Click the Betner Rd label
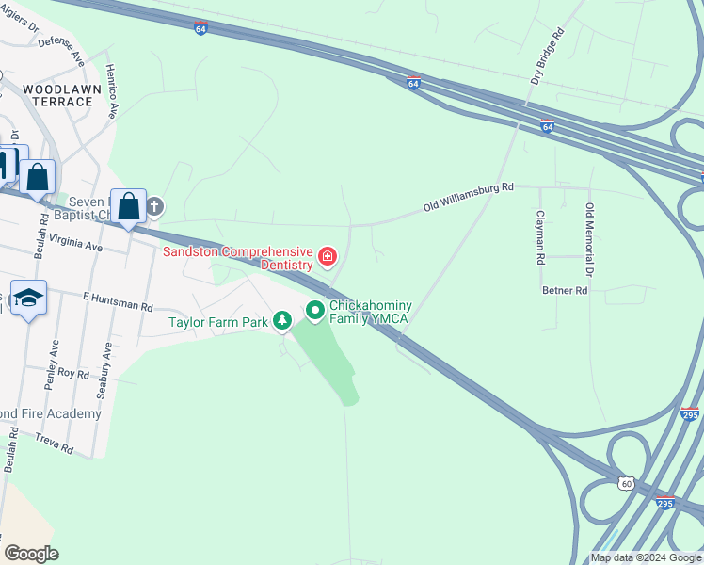(565, 291)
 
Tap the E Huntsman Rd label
(118, 300)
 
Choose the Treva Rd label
(54, 444)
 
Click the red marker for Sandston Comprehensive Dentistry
(328, 256)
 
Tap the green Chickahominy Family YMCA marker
(315, 309)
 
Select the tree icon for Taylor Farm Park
(281, 322)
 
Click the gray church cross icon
(155, 205)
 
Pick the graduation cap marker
(29, 299)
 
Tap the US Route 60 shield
(627, 483)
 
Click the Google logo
(31, 554)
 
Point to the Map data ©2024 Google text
(645, 557)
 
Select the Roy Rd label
(72, 373)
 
